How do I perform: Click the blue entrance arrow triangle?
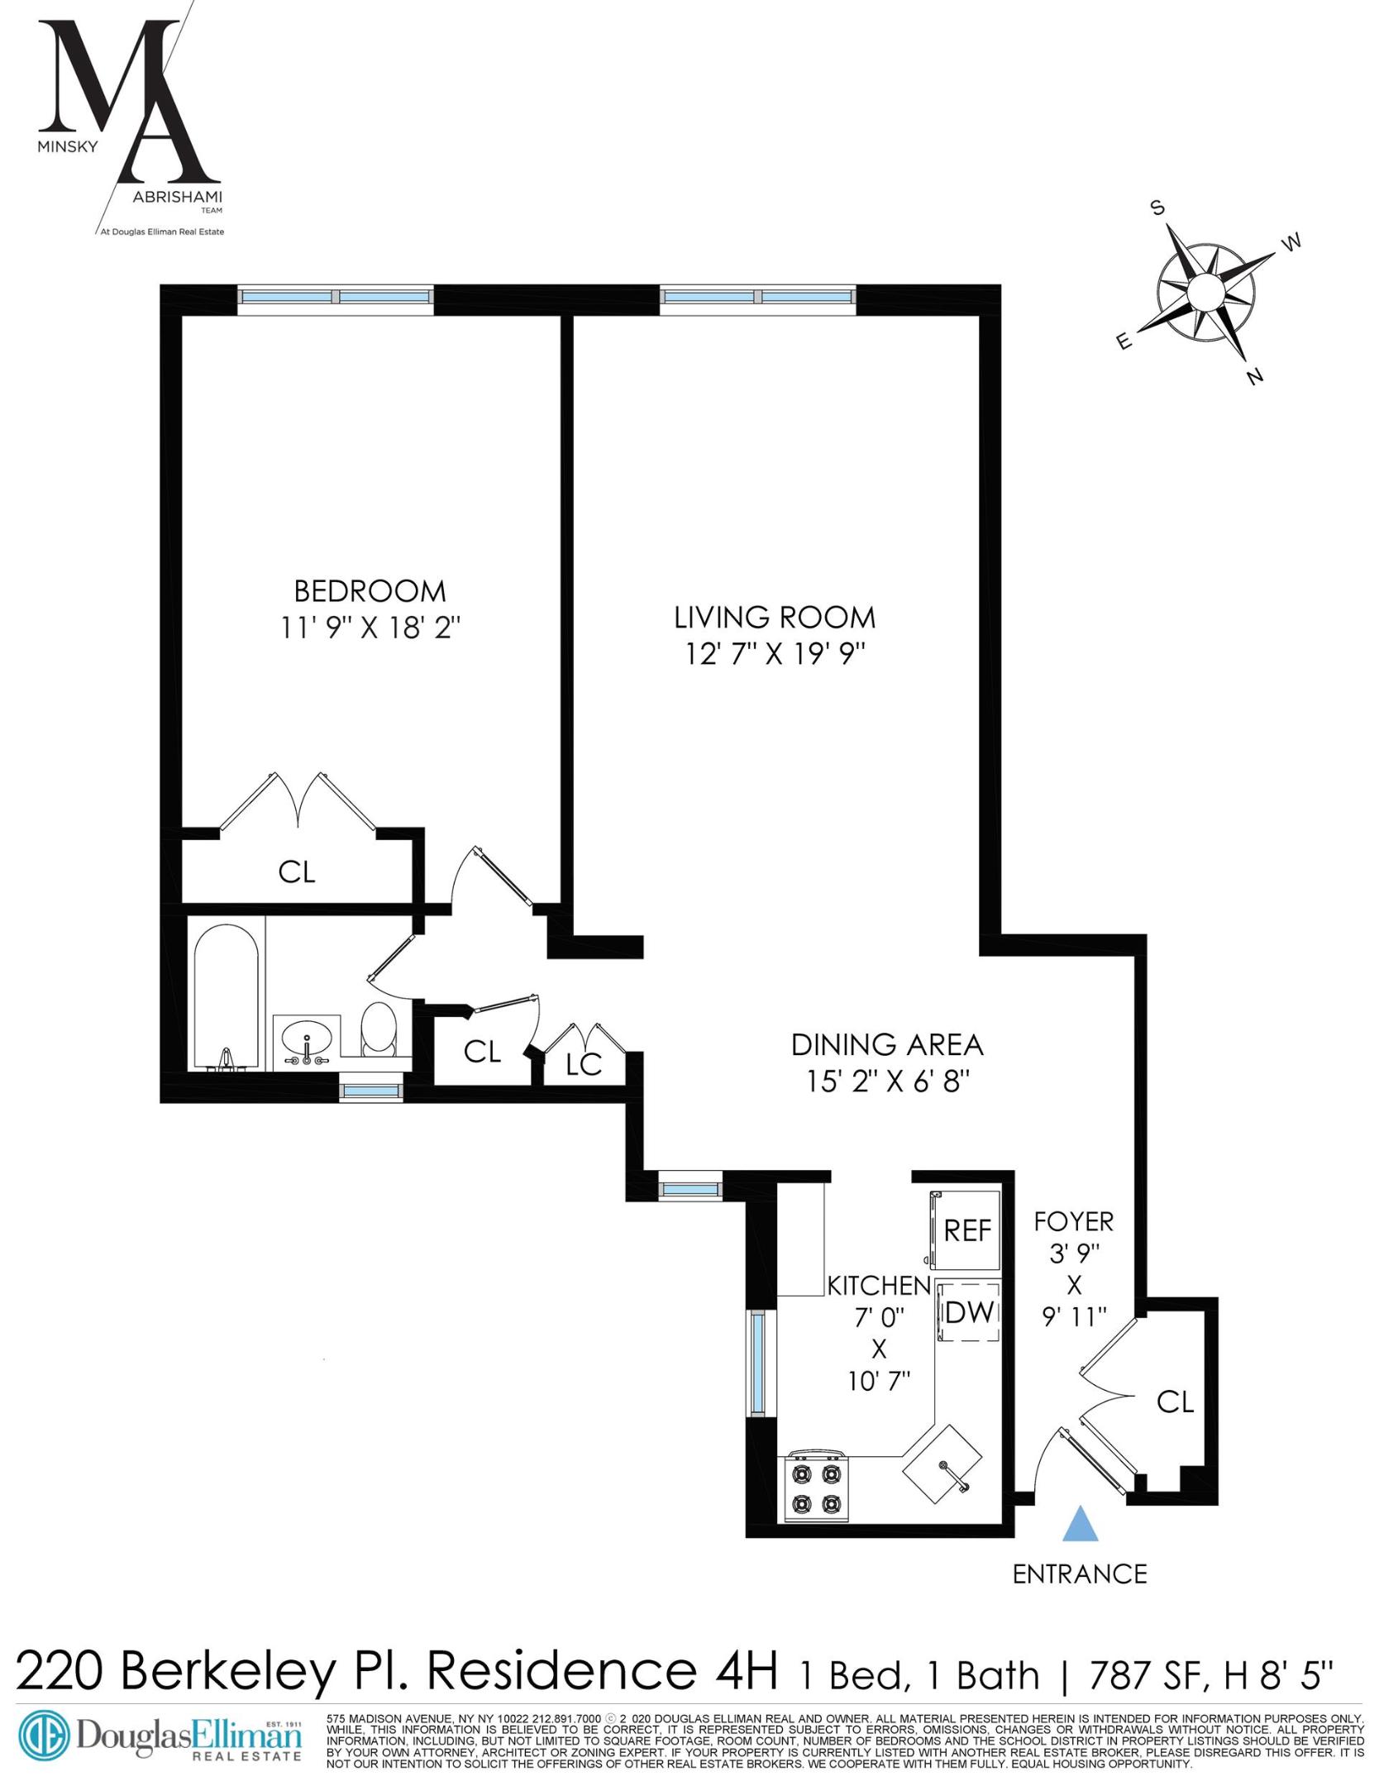pyautogui.click(x=1079, y=1524)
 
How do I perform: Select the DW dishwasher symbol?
pyautogui.click(x=968, y=1312)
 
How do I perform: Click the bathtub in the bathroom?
pyautogui.click(x=227, y=996)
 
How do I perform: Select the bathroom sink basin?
pyautogui.click(x=307, y=1039)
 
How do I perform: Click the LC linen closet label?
pyautogui.click(x=584, y=1066)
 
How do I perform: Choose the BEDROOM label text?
pyautogui.click(x=370, y=591)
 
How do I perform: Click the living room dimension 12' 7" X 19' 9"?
pyautogui.click(x=775, y=654)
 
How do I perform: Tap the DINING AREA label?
pyautogui.click(x=887, y=1044)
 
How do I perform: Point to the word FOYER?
pyautogui.click(x=1074, y=1220)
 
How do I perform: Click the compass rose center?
pyautogui.click(x=1205, y=292)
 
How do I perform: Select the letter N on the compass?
pyautogui.click(x=1255, y=378)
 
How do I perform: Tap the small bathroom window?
pyautogui.click(x=372, y=1092)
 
